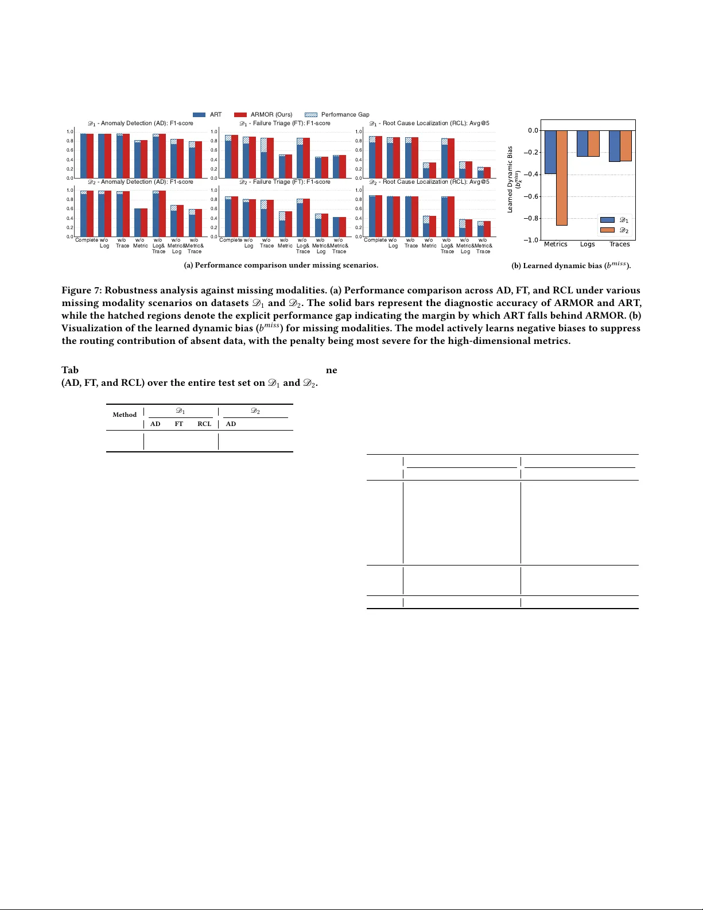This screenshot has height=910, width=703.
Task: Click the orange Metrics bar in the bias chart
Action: click(x=561, y=178)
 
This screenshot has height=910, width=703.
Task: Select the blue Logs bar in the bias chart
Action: click(x=582, y=144)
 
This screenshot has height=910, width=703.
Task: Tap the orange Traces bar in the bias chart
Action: click(x=626, y=146)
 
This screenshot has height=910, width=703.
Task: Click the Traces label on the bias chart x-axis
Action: click(x=619, y=244)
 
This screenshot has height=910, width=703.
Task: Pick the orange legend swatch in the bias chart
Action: click(x=607, y=230)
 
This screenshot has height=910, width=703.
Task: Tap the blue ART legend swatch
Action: click(x=199, y=115)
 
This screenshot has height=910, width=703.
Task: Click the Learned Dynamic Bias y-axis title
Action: click(x=510, y=179)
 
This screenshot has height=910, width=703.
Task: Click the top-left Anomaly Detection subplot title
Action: click(x=141, y=123)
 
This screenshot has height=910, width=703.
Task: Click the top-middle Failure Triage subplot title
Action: click(x=285, y=123)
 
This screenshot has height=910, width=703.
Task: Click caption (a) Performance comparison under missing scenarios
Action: click(x=281, y=265)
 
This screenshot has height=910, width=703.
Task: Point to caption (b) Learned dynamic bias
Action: click(x=571, y=265)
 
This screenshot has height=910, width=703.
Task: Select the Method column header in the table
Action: click(x=125, y=415)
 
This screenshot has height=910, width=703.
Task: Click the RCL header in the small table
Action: click(x=204, y=424)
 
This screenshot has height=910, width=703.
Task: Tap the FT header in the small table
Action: click(x=179, y=424)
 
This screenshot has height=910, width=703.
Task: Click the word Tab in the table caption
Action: click(x=70, y=370)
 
